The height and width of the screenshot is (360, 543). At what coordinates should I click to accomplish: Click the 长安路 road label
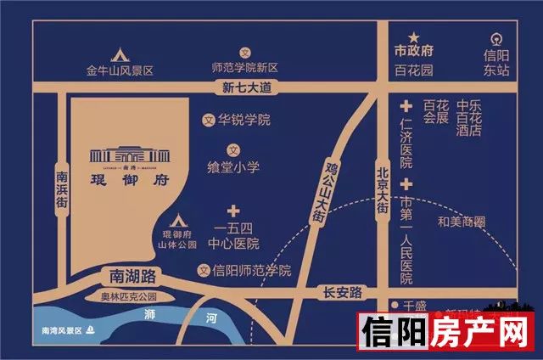(x=343, y=292)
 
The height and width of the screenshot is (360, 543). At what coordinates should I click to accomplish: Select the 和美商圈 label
(x=461, y=222)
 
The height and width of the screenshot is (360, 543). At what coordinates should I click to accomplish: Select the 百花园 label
(x=414, y=70)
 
